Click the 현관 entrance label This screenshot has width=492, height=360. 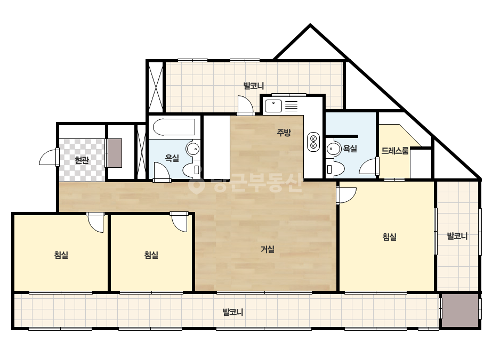tap(82, 160)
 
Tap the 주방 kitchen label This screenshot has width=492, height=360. tap(284, 132)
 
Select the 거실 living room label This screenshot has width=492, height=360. tap(268, 249)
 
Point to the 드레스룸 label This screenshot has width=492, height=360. tap(395, 151)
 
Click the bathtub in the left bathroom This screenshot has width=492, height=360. tap(174, 127)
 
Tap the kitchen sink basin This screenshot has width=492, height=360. tap(273, 106)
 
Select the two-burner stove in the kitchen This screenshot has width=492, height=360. tap(313, 142)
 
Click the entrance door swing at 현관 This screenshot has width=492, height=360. tap(49, 157)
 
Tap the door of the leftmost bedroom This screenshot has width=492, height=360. tap(95, 222)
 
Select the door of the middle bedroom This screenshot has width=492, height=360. tap(179, 222)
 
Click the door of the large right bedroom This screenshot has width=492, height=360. tap(346, 195)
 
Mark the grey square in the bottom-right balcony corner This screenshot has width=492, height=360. tap(460, 310)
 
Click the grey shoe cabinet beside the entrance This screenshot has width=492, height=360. tap(115, 153)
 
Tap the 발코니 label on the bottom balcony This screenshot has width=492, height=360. tap(233, 312)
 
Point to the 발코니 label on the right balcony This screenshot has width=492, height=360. tap(457, 236)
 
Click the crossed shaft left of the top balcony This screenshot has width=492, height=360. tap(156, 86)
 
